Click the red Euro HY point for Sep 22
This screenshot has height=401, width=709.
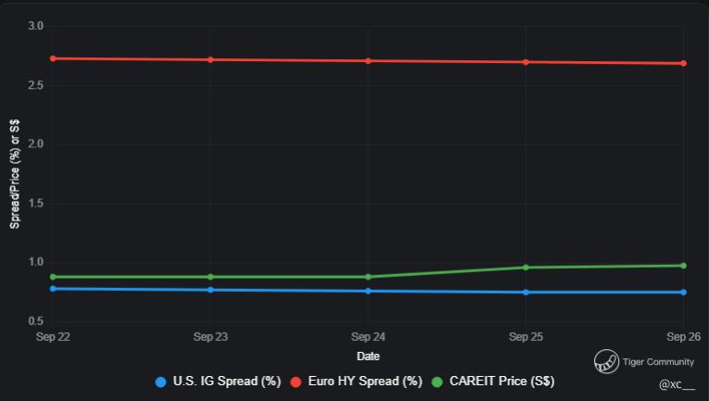(x=53, y=58)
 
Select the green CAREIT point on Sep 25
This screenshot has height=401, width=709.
(x=525, y=268)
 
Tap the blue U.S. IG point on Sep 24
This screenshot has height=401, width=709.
(x=368, y=291)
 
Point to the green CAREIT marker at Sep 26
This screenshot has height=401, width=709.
(x=683, y=266)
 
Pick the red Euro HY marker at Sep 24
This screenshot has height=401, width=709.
(x=368, y=61)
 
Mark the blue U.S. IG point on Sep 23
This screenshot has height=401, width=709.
(x=210, y=290)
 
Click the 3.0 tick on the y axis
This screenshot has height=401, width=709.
(x=36, y=26)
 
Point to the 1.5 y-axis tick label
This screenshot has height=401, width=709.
(x=36, y=203)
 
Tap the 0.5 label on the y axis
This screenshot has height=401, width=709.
(x=36, y=320)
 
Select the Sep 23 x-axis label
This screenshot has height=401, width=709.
(x=210, y=337)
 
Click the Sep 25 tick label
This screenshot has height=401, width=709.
(x=525, y=337)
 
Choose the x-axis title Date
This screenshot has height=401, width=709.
(x=368, y=357)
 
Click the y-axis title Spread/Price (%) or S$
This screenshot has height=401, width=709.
(x=15, y=173)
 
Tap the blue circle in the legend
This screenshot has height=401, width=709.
(x=161, y=382)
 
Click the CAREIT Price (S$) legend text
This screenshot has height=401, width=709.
(x=501, y=382)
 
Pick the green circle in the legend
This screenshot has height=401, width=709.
(x=437, y=382)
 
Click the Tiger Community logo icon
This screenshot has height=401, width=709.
(x=606, y=361)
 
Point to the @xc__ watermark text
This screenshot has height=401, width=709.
(x=677, y=383)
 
